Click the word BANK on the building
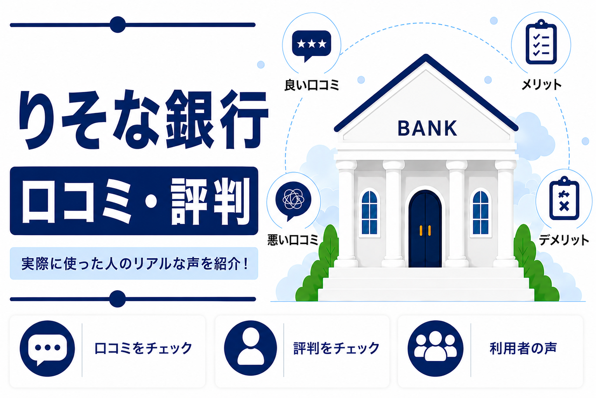pyautogui.click(x=427, y=128)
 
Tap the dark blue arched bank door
pyautogui.click(x=425, y=229)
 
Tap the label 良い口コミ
pyautogui.click(x=311, y=85)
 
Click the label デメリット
pyautogui.click(x=564, y=240)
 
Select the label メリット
pyautogui.click(x=542, y=85)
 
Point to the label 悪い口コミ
pyautogui.click(x=293, y=240)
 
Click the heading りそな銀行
pyautogui.click(x=143, y=119)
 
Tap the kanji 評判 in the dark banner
pyautogui.click(x=210, y=201)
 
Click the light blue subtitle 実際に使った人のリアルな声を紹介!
pyautogui.click(x=135, y=264)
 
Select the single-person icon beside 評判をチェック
pyautogui.click(x=250, y=348)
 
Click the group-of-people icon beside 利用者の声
pyautogui.click(x=435, y=348)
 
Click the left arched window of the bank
pyautogui.click(x=370, y=213)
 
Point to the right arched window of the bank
pyautogui.click(x=481, y=213)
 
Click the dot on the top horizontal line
pyautogui.click(x=118, y=24)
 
